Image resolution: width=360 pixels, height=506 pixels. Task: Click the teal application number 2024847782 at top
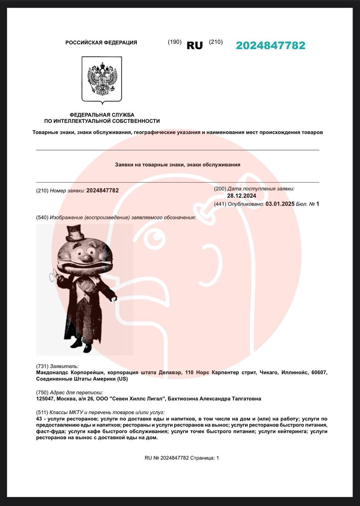270,45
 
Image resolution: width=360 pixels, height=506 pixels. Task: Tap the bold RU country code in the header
194,45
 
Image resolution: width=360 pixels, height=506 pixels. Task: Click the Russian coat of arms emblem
102,79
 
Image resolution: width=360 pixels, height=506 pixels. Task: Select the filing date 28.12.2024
241,196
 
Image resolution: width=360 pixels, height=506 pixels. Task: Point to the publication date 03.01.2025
280,204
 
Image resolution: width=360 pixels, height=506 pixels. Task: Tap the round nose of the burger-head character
86,258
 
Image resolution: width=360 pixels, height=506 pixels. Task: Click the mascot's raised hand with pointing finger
54,276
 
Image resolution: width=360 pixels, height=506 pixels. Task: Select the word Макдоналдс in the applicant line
52,372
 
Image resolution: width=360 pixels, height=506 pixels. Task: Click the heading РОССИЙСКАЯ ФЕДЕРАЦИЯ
101,43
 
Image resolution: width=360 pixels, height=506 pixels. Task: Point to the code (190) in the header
175,42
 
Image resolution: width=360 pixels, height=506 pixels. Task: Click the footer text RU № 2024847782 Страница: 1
181,458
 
